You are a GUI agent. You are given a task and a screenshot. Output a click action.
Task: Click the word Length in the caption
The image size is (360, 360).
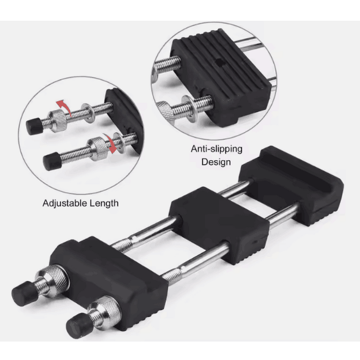click(x=104, y=203)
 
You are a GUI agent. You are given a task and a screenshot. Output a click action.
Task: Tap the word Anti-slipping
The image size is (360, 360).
click(x=216, y=149)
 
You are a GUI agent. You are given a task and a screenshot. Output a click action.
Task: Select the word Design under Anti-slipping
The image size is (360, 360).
click(x=216, y=162)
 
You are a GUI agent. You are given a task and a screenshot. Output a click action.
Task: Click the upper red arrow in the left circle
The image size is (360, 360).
click(x=64, y=106)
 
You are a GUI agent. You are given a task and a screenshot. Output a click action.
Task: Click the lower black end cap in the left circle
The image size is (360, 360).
click(x=52, y=161)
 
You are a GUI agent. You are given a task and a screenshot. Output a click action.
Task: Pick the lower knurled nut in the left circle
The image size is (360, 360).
click(x=99, y=149)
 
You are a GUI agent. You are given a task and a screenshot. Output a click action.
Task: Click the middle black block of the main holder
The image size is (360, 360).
click(x=219, y=225)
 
